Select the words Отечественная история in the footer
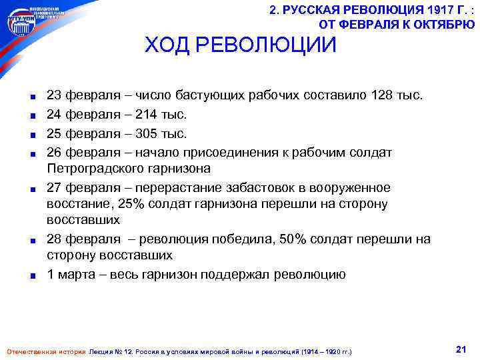pos(45,351)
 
